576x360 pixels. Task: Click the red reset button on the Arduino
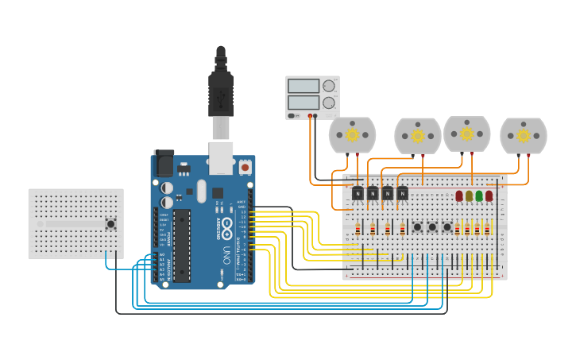(245, 168)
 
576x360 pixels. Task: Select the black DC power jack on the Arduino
(164, 164)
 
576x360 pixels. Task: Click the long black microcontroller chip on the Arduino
(182, 246)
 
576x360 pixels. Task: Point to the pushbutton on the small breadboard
(110, 223)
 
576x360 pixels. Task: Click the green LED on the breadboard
(479, 195)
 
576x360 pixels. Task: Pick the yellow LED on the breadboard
(469, 195)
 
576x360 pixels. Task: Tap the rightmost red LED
(489, 195)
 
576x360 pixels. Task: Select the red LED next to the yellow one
(459, 195)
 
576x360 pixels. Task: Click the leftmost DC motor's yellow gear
(352, 135)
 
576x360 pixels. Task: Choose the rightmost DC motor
(523, 136)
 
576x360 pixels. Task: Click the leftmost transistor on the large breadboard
(358, 193)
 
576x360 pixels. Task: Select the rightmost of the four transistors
(403, 193)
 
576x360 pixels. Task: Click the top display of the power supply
(303, 86)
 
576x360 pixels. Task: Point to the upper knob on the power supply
(329, 86)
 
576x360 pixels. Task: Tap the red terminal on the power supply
(310, 116)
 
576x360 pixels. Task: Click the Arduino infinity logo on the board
(227, 226)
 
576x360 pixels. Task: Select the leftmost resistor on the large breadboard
(358, 229)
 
